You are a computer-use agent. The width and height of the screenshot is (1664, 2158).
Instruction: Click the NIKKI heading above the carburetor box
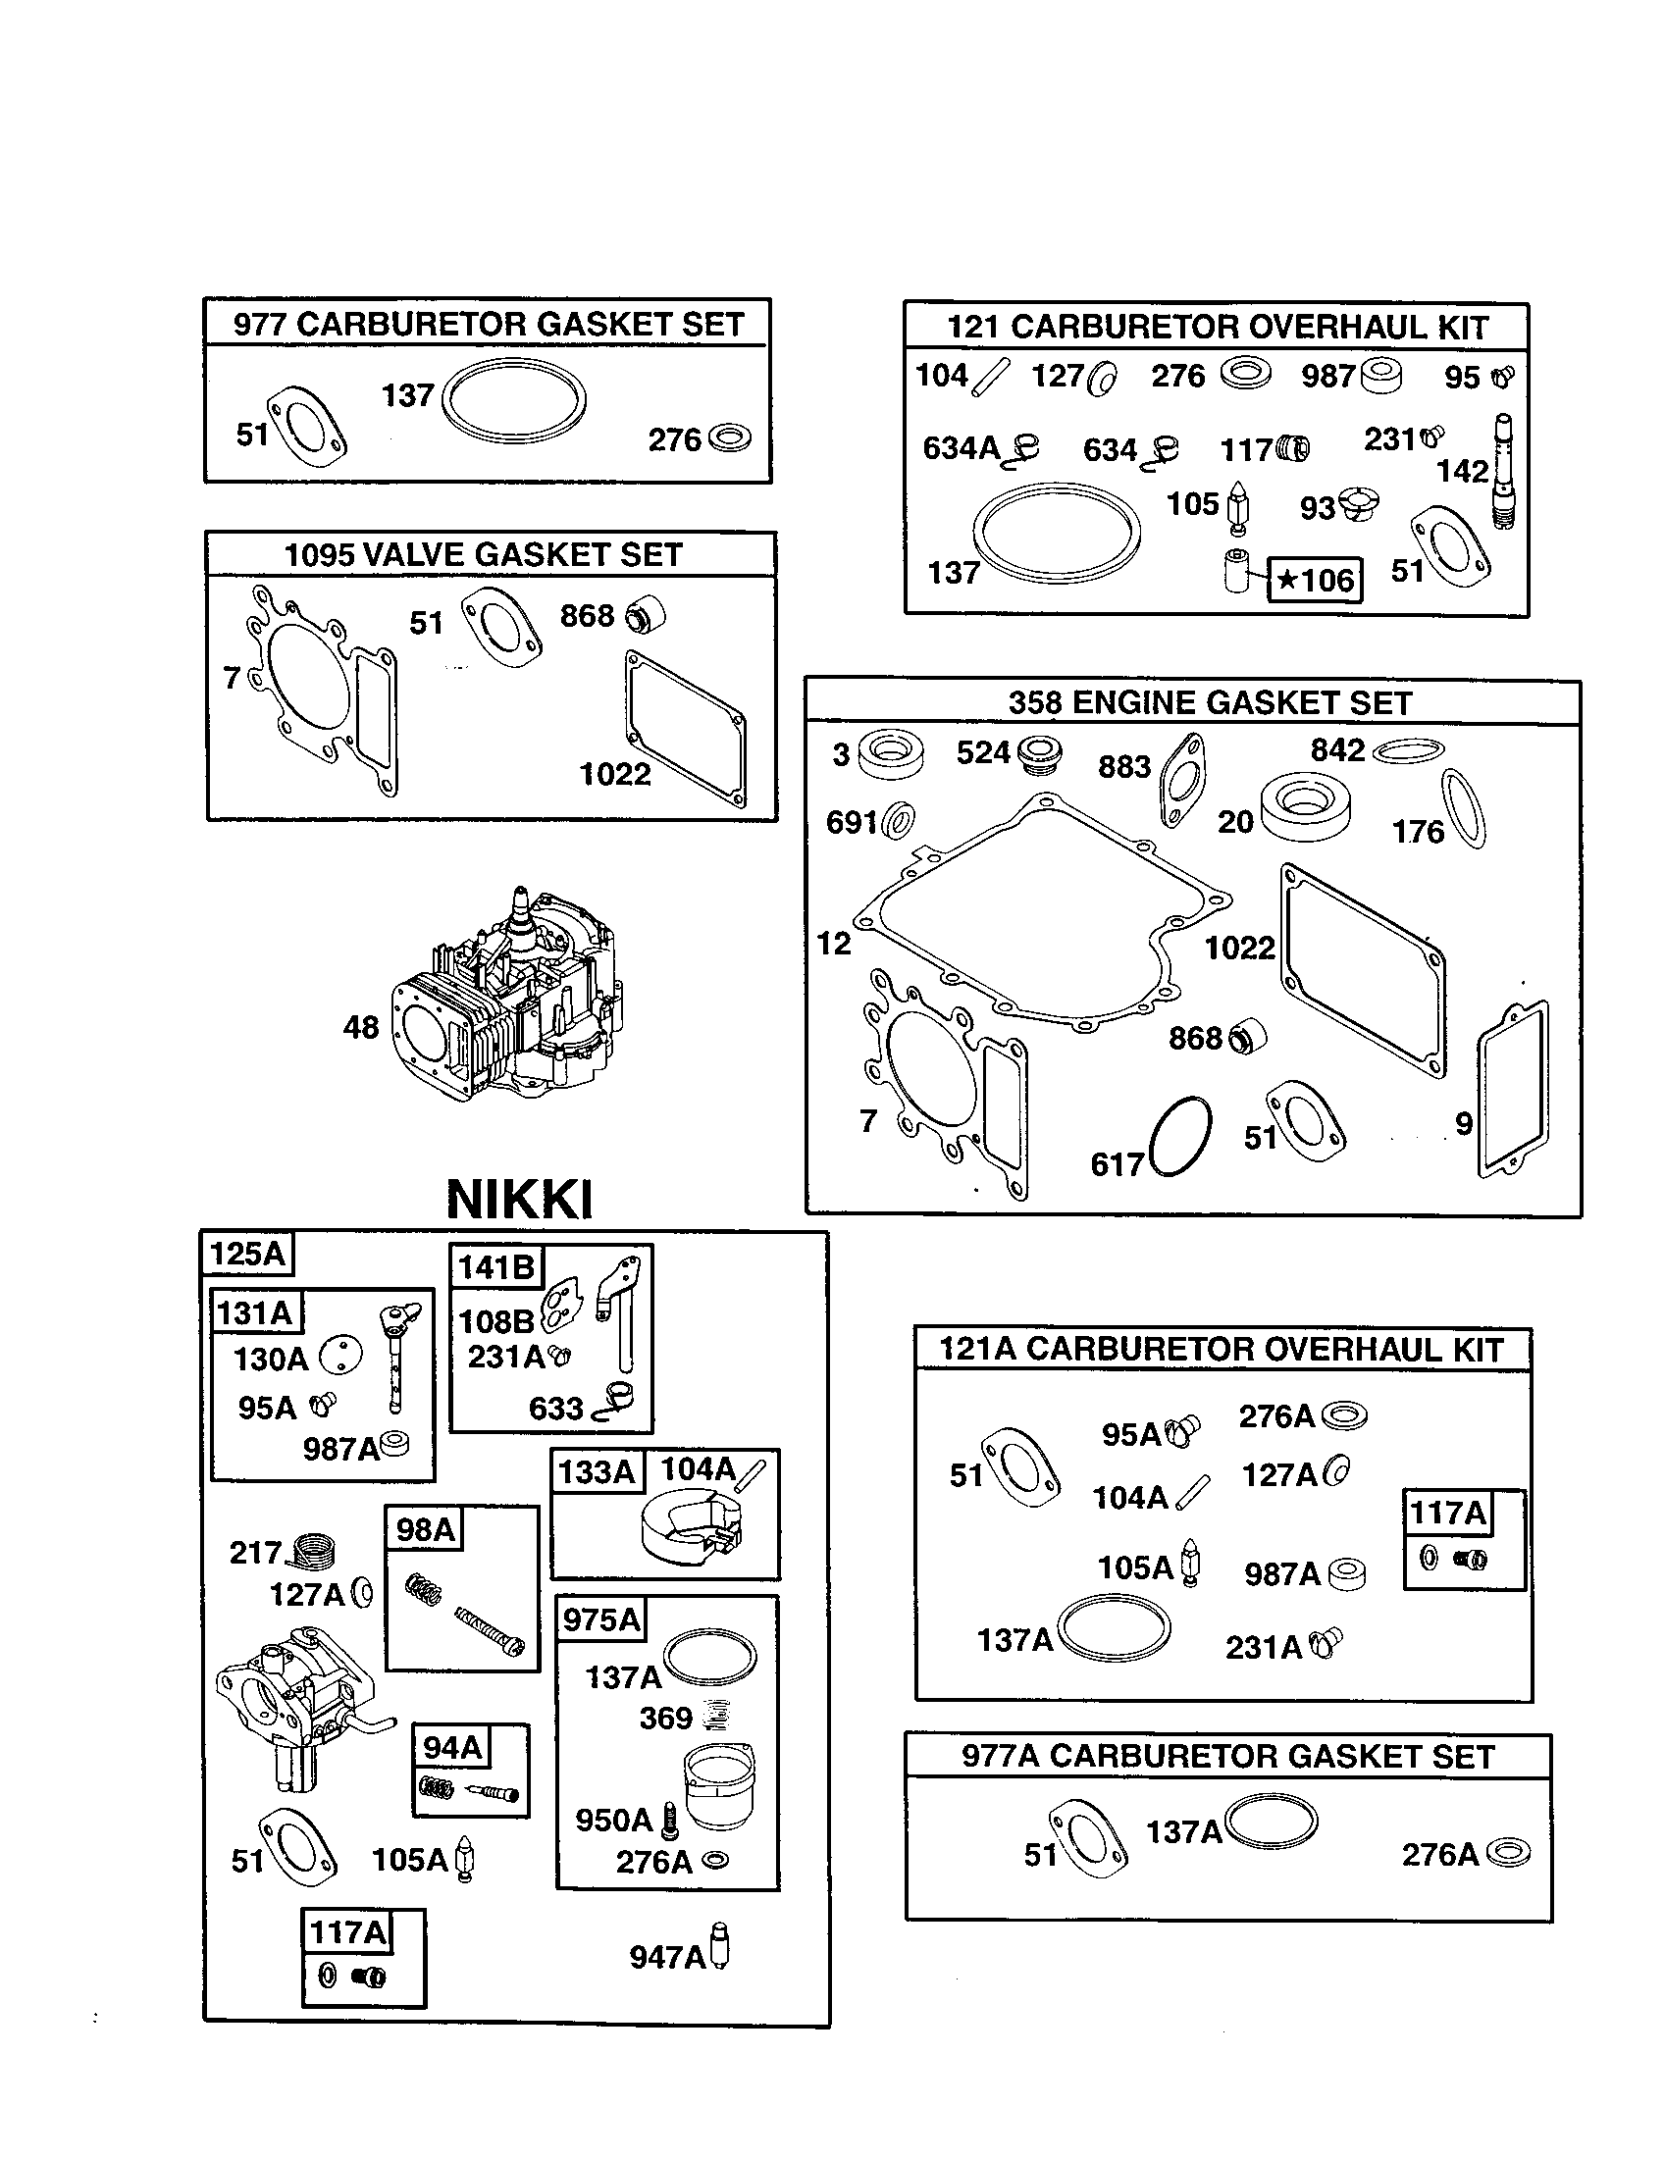click(x=520, y=1201)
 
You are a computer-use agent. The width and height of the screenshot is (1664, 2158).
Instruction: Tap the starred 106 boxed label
click(x=1315, y=580)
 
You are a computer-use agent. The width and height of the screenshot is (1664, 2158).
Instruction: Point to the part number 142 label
click(x=1462, y=471)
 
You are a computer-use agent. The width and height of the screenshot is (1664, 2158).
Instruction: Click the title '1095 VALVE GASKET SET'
click(x=483, y=555)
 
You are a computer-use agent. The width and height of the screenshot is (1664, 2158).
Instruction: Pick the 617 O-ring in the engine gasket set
click(x=1181, y=1136)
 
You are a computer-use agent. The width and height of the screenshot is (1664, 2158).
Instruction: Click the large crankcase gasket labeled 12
click(x=1037, y=919)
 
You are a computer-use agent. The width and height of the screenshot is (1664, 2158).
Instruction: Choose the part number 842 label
click(x=1337, y=751)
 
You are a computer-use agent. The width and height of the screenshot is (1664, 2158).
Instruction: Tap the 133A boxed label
click(x=596, y=1472)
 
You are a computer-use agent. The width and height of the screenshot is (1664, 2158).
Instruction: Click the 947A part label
click(x=667, y=1958)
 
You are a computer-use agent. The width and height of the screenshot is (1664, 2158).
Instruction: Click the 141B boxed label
click(x=495, y=1266)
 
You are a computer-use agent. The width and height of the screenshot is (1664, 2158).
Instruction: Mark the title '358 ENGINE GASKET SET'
click(x=1210, y=703)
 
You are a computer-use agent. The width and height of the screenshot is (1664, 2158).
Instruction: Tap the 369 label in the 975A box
click(x=665, y=1719)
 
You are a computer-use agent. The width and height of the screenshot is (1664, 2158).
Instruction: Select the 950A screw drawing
click(x=670, y=1819)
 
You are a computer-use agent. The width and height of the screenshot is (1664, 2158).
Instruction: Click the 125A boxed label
click(x=247, y=1255)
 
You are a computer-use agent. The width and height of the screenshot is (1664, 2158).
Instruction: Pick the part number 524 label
click(x=982, y=754)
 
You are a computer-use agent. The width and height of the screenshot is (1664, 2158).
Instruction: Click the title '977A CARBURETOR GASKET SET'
click(x=1227, y=1757)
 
